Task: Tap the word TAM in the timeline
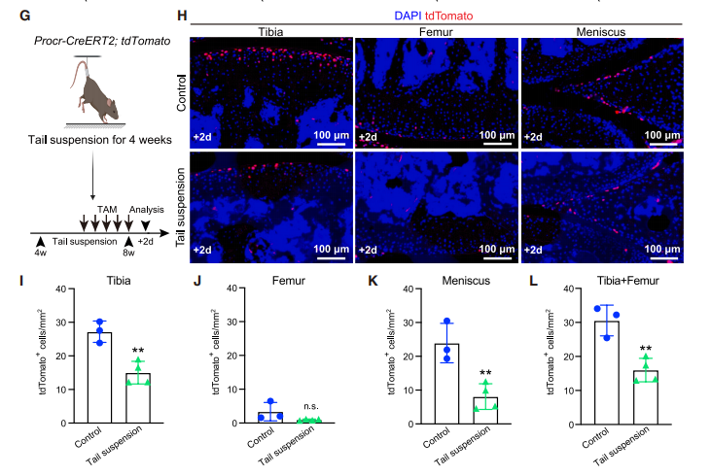[x=108, y=209]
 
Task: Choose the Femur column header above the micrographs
[x=435, y=31]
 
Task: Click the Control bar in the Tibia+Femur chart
[x=609, y=372]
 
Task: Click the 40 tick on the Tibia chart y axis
[x=61, y=289]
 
